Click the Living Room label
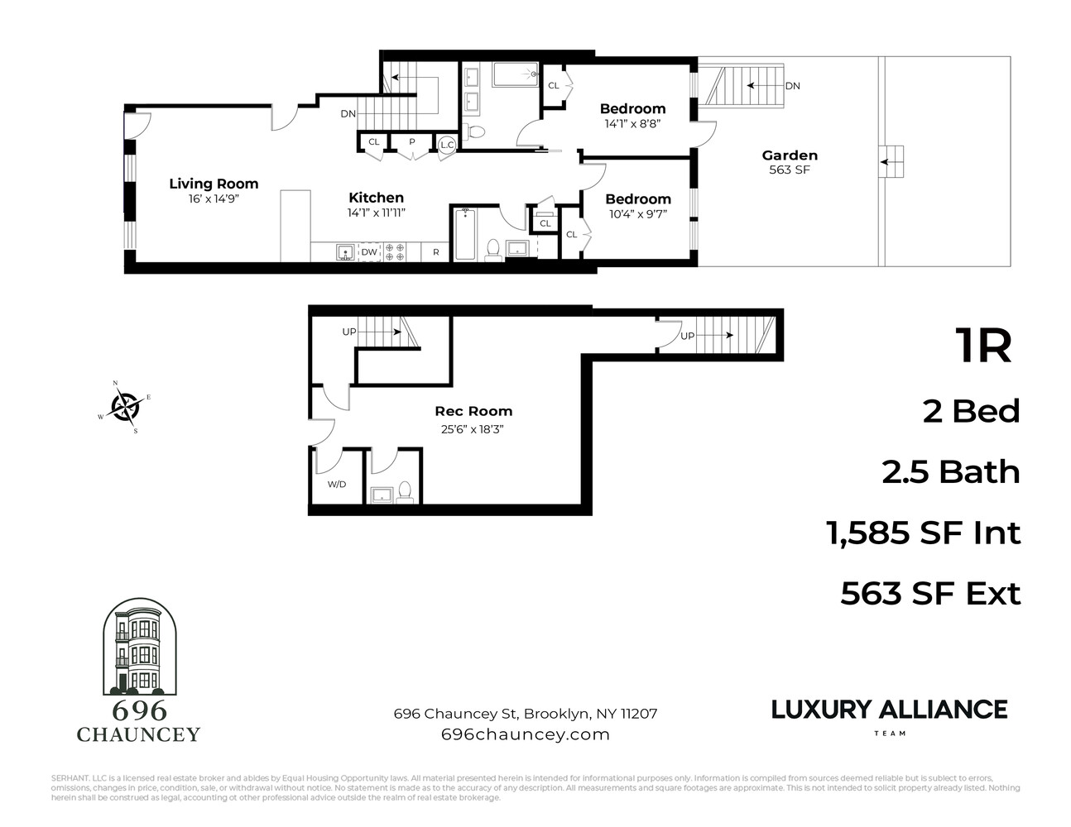(x=214, y=184)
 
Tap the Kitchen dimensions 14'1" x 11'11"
(x=376, y=213)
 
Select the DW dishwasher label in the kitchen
(x=369, y=252)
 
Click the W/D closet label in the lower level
(x=337, y=485)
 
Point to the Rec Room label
(x=473, y=411)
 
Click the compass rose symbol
(x=125, y=407)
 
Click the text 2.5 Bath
(x=950, y=472)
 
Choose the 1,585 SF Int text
(x=924, y=533)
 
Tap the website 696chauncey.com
(x=526, y=734)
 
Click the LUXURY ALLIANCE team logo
(x=890, y=715)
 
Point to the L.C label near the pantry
(x=447, y=145)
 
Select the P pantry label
(x=411, y=142)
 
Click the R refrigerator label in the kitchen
(x=436, y=252)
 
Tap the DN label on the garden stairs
(x=792, y=86)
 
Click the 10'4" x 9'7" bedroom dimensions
(x=637, y=213)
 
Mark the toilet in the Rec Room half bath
(x=405, y=491)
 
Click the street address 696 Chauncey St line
(x=526, y=713)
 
